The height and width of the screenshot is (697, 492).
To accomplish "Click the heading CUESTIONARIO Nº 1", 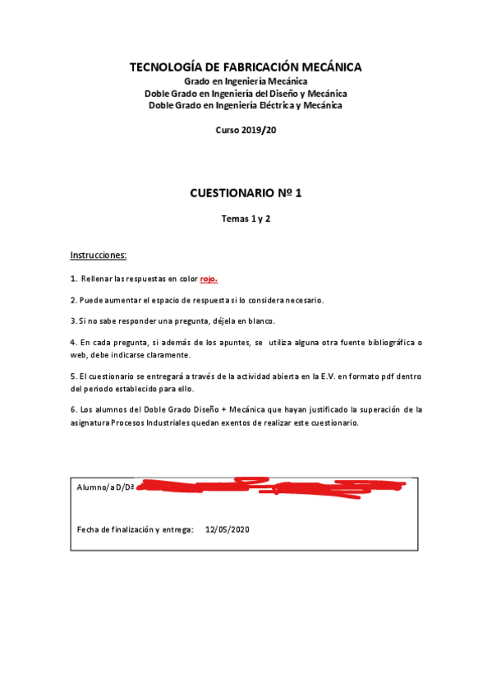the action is [x=246, y=194].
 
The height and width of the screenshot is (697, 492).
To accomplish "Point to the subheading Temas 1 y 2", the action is [x=246, y=219].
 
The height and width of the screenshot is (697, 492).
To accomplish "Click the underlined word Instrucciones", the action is [x=99, y=256].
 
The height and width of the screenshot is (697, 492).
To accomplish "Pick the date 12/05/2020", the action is [x=227, y=529].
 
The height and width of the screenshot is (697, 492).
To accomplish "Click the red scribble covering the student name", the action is [x=271, y=487].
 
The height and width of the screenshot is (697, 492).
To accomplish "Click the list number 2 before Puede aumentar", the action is [x=73, y=299].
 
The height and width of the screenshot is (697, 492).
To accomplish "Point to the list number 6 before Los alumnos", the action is [x=73, y=409].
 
